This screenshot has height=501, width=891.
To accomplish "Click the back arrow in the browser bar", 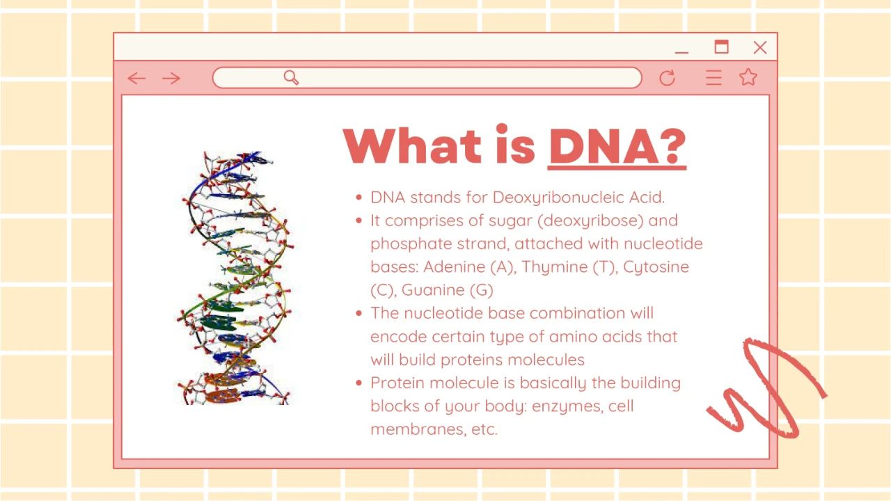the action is tap(136, 79).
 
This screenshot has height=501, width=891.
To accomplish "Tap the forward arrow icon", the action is tap(171, 79).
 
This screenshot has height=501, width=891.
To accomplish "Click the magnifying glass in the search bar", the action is tap(291, 77).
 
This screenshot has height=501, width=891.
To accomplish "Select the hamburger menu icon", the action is tap(713, 77).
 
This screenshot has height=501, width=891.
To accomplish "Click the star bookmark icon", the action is tap(748, 77).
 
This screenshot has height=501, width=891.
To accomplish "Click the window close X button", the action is tap(760, 47).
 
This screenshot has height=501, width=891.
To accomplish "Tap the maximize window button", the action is tap(722, 47).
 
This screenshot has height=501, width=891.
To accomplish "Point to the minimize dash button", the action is tap(681, 52).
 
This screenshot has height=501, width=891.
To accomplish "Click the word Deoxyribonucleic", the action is tap(558, 198).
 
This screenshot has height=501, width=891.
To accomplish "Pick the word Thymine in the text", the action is tap(554, 267).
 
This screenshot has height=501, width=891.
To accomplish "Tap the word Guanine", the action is tap(433, 290).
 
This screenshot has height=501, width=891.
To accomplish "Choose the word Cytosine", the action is tap(656, 267).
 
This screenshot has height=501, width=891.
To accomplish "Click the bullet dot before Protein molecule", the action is tap(358, 383).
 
